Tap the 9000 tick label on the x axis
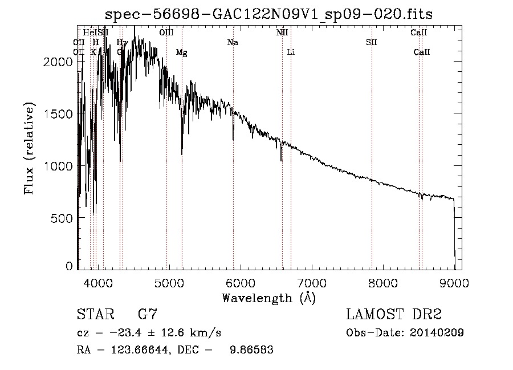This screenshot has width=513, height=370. pyautogui.click(x=454, y=282)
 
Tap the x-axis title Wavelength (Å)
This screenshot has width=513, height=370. pyautogui.click(x=268, y=298)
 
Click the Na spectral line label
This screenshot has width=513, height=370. pyautogui.click(x=233, y=43)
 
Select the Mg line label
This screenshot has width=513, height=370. pyautogui.click(x=181, y=52)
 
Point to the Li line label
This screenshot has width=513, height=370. pyautogui.click(x=291, y=52)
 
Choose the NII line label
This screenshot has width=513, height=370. pyautogui.click(x=282, y=33)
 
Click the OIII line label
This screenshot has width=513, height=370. pyautogui.click(x=166, y=33)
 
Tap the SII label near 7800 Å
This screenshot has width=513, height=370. pyautogui.click(x=372, y=43)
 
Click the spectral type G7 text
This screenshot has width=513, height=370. pyautogui.click(x=148, y=314)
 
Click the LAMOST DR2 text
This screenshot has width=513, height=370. pyautogui.click(x=394, y=314)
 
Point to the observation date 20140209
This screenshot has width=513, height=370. pyautogui.click(x=436, y=333)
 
